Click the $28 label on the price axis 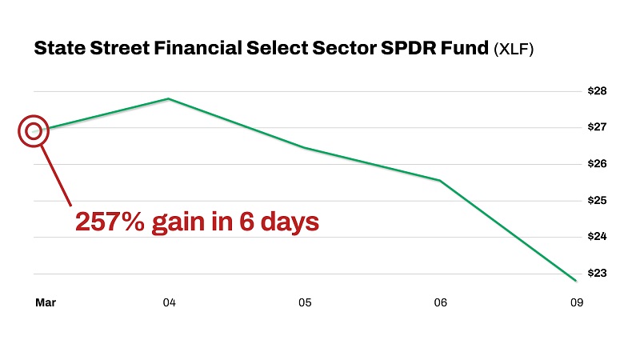point(596,91)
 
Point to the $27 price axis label point(596,127)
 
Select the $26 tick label point(596,164)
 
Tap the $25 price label point(596,200)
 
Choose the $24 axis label point(596,237)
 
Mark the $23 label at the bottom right point(596,273)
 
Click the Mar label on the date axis point(45,303)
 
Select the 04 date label point(169,303)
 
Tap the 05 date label point(305,303)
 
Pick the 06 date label point(440,303)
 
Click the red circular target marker point(33,130)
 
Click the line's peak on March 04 point(169,98)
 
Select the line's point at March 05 point(305,148)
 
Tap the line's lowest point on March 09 point(576,281)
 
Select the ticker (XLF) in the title point(513,50)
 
